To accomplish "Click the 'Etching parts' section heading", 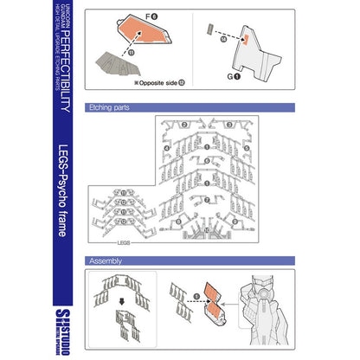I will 107,109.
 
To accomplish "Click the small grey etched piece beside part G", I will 210,30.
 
